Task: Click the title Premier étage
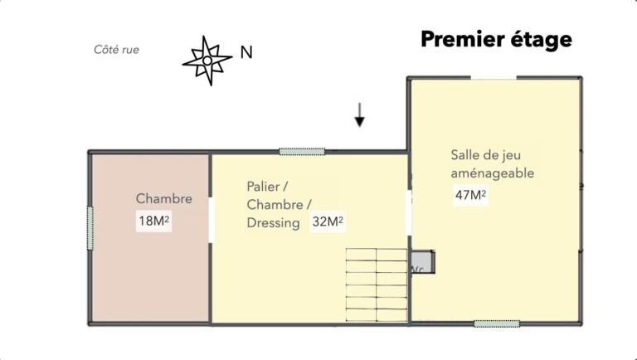coord(496,39)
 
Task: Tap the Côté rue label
coord(116,50)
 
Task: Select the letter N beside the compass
coord(246,52)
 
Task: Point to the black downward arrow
coord(359,115)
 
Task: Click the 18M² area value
coord(154,221)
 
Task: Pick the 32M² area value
coord(328,222)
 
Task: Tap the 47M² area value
coord(468,195)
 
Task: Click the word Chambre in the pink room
coord(164,199)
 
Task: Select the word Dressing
coord(273,223)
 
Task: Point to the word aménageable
coord(492,173)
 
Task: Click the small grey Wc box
coord(421,261)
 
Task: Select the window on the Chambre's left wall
coord(90,227)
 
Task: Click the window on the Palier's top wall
coord(302,152)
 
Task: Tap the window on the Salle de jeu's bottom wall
coord(496,323)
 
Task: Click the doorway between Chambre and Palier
coord(212,219)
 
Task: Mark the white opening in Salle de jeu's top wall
coord(494,78)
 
